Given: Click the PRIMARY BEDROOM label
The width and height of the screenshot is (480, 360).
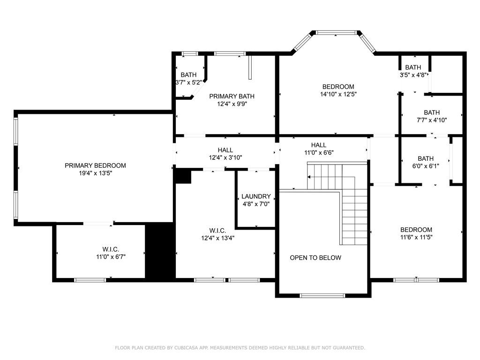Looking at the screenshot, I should click(95, 165).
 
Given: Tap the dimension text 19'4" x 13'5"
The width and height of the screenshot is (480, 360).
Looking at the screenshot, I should click(95, 173).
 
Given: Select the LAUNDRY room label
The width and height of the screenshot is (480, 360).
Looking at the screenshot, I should click(256, 196).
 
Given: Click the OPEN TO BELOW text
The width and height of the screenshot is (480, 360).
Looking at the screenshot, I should click(315, 258).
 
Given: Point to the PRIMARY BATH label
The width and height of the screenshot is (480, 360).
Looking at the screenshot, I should click(228, 96).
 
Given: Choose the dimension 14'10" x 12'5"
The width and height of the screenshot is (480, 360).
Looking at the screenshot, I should click(338, 94).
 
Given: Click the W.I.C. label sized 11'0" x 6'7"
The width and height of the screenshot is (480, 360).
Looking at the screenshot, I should click(111, 249).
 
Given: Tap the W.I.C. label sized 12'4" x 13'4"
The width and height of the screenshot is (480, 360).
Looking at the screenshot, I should click(217, 231).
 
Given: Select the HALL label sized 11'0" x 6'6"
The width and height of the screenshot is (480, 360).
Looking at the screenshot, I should click(318, 145).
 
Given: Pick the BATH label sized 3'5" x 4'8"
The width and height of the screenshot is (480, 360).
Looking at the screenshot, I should click(413, 67).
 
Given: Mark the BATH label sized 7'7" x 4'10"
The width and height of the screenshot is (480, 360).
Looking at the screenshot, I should click(432, 112).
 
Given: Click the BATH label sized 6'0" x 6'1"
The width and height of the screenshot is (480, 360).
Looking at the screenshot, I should click(426, 158).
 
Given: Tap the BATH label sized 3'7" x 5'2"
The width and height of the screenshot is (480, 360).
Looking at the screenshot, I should click(188, 75).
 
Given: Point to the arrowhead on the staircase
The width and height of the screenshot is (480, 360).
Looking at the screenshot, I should click(309, 177).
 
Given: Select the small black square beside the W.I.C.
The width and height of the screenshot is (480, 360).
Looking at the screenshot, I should click(183, 176).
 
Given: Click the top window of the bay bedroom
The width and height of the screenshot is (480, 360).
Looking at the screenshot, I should click(336, 33).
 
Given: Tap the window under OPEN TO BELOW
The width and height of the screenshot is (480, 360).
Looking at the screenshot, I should click(322, 295).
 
